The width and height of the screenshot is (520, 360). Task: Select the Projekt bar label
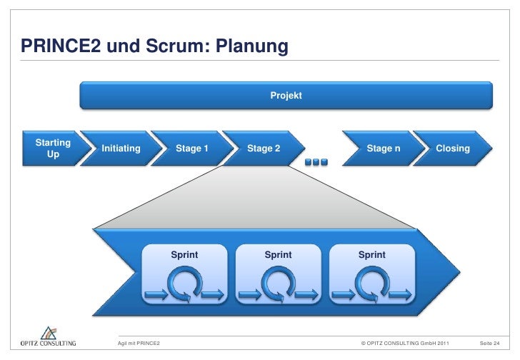(x=286, y=95)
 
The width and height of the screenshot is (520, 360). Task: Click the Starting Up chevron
(x=52, y=149)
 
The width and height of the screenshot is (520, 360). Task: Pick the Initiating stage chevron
(x=121, y=149)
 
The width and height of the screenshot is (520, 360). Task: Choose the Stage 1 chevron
(x=191, y=149)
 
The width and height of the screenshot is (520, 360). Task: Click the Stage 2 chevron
(x=263, y=149)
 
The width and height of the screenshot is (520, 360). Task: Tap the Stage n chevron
(x=379, y=149)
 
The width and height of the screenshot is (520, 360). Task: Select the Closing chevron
(x=452, y=149)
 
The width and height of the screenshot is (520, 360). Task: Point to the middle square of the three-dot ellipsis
(x=316, y=162)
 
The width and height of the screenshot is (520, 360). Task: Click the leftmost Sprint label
(x=184, y=254)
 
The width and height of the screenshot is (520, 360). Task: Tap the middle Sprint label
(x=278, y=254)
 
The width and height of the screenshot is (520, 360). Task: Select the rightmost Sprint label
(x=371, y=254)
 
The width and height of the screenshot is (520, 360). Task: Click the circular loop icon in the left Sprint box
(x=183, y=284)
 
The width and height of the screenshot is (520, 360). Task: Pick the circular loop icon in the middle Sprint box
(x=277, y=284)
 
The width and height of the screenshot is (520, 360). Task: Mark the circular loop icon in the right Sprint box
(x=371, y=284)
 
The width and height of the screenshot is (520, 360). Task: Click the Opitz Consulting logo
(x=47, y=337)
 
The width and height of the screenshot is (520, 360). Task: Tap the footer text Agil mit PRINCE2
(x=139, y=344)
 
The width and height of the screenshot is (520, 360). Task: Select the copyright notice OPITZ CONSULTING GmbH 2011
(x=405, y=344)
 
